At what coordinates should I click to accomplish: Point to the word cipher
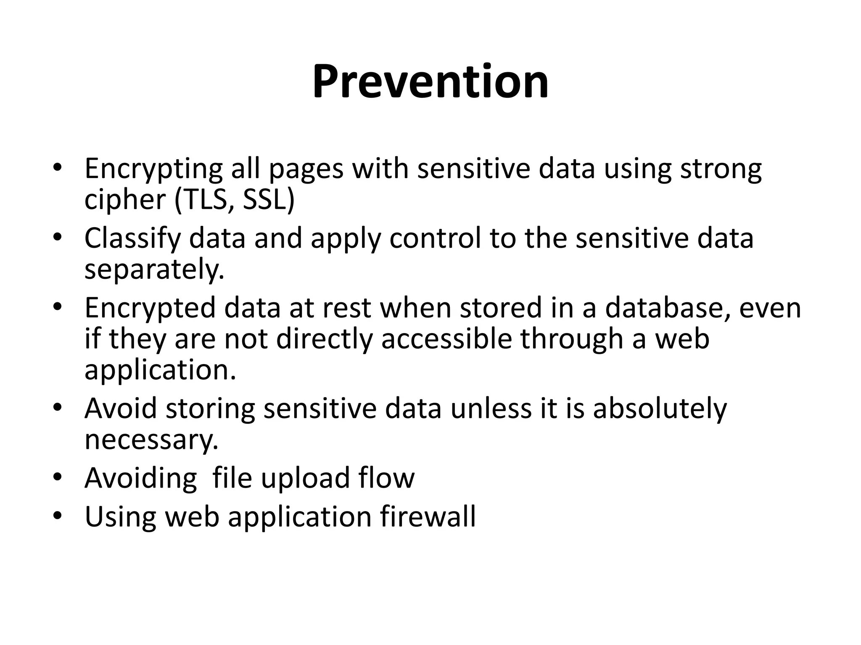coord(125,200)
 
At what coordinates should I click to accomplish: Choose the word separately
coord(154,270)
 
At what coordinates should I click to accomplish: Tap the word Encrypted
coord(150,308)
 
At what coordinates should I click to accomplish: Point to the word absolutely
coord(660,408)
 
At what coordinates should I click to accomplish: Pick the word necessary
coord(151,440)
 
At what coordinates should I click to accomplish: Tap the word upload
coord(305,479)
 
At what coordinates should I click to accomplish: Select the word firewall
coord(428,517)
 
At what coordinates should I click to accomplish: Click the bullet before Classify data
coord(58,238)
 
